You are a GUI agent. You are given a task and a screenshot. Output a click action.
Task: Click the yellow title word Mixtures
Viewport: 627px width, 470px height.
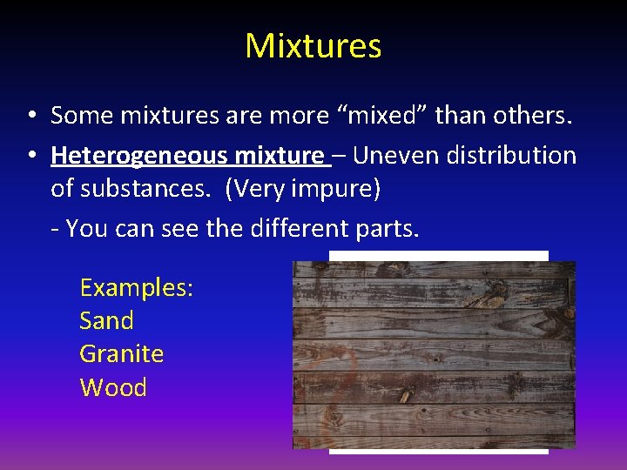[313, 45]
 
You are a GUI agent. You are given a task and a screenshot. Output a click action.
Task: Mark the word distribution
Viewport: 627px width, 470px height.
[512, 156]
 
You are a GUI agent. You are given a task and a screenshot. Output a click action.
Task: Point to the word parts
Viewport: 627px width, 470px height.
[388, 229]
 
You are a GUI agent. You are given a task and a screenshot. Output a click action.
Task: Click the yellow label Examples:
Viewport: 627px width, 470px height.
[136, 288]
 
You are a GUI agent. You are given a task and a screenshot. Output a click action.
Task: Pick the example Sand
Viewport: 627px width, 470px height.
[106, 321]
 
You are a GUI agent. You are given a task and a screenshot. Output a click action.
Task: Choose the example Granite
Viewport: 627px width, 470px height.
[121, 354]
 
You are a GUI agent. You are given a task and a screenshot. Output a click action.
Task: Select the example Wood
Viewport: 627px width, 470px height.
[113, 387]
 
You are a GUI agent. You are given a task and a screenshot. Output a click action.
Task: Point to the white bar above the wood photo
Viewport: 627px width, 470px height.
[438, 256]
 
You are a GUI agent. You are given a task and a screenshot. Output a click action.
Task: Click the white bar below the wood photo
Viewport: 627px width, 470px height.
[438, 451]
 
